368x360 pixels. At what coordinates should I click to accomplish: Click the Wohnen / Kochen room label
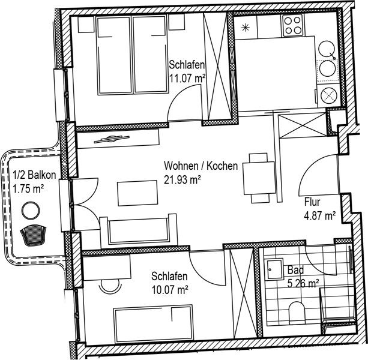201,166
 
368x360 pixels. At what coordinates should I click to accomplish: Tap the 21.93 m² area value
182,181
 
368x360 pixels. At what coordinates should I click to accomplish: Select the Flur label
312,202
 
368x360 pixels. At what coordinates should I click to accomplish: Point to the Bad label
295,270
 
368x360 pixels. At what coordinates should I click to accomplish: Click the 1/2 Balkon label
34,175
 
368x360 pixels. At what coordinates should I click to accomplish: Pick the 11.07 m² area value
187,79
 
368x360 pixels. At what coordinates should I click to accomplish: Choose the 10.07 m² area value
170,290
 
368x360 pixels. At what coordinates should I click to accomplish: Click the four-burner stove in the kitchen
293,25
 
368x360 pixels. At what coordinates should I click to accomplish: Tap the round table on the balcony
31,211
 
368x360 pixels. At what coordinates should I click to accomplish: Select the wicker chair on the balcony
33,235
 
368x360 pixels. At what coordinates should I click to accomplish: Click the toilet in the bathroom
297,312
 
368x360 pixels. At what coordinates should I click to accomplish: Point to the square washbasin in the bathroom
274,269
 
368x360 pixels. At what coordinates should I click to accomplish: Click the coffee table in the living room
137,193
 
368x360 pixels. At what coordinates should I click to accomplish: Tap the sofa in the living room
139,231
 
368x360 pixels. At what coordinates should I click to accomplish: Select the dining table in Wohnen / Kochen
259,178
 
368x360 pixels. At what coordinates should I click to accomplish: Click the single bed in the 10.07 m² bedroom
154,323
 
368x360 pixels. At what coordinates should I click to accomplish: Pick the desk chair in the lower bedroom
111,287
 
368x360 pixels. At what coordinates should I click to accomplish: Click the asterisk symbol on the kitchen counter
246,28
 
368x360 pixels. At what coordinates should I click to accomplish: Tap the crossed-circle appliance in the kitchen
329,95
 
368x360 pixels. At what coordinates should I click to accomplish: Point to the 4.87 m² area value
319,215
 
